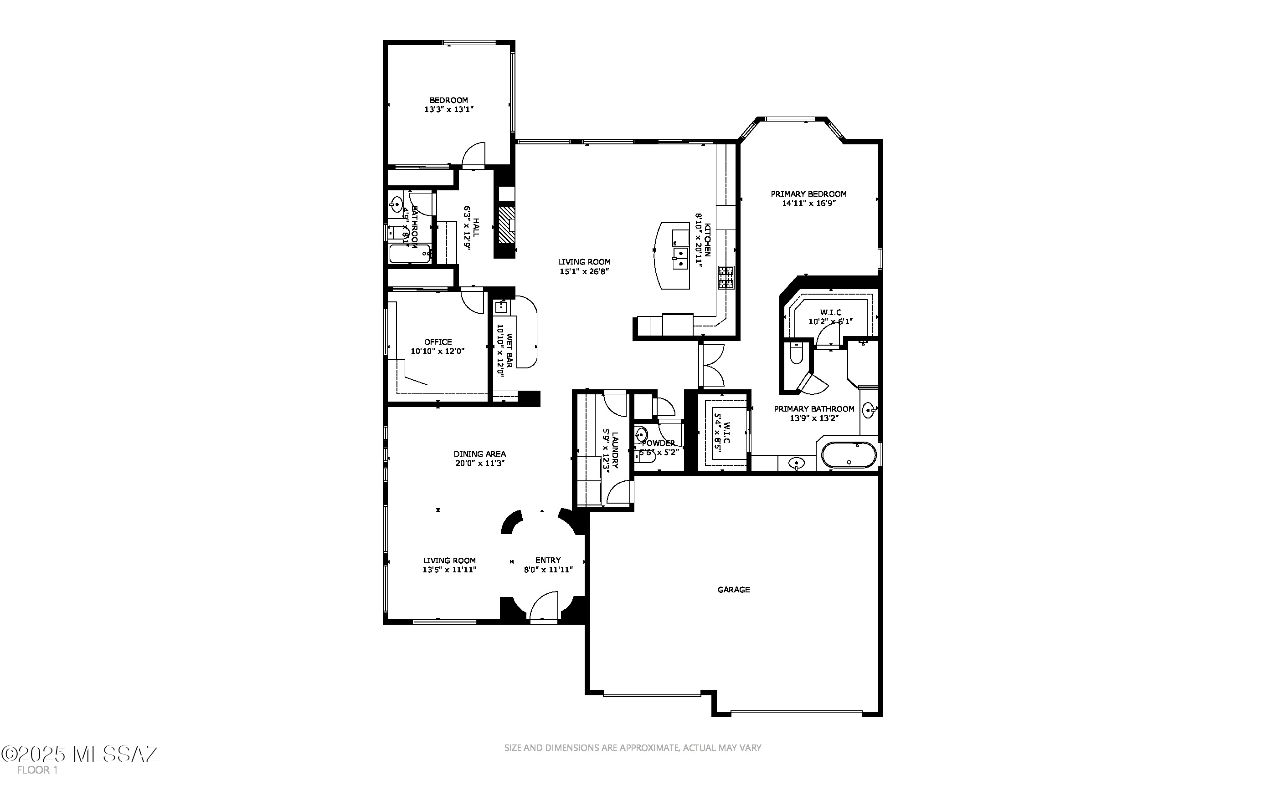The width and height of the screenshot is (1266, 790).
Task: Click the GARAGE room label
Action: tap(733, 589)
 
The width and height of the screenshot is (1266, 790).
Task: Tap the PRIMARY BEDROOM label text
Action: tap(808, 194)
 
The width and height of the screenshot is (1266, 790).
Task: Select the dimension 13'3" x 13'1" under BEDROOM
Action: tap(449, 109)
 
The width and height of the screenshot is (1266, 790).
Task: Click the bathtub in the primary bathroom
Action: tap(848, 455)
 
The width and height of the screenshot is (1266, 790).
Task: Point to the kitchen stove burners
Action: tap(726, 277)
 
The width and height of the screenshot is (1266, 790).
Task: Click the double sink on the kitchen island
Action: tap(680, 259)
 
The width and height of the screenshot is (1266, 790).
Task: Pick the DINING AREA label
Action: tap(479, 454)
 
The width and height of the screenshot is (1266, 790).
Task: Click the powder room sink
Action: tap(642, 434)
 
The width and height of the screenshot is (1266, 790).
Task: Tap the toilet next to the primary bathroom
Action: tap(796, 354)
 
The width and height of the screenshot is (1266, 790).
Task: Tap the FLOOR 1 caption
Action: tap(36, 770)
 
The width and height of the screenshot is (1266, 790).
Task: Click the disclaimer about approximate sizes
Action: tap(632, 748)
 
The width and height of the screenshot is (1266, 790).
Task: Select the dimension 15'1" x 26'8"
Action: tap(584, 271)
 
